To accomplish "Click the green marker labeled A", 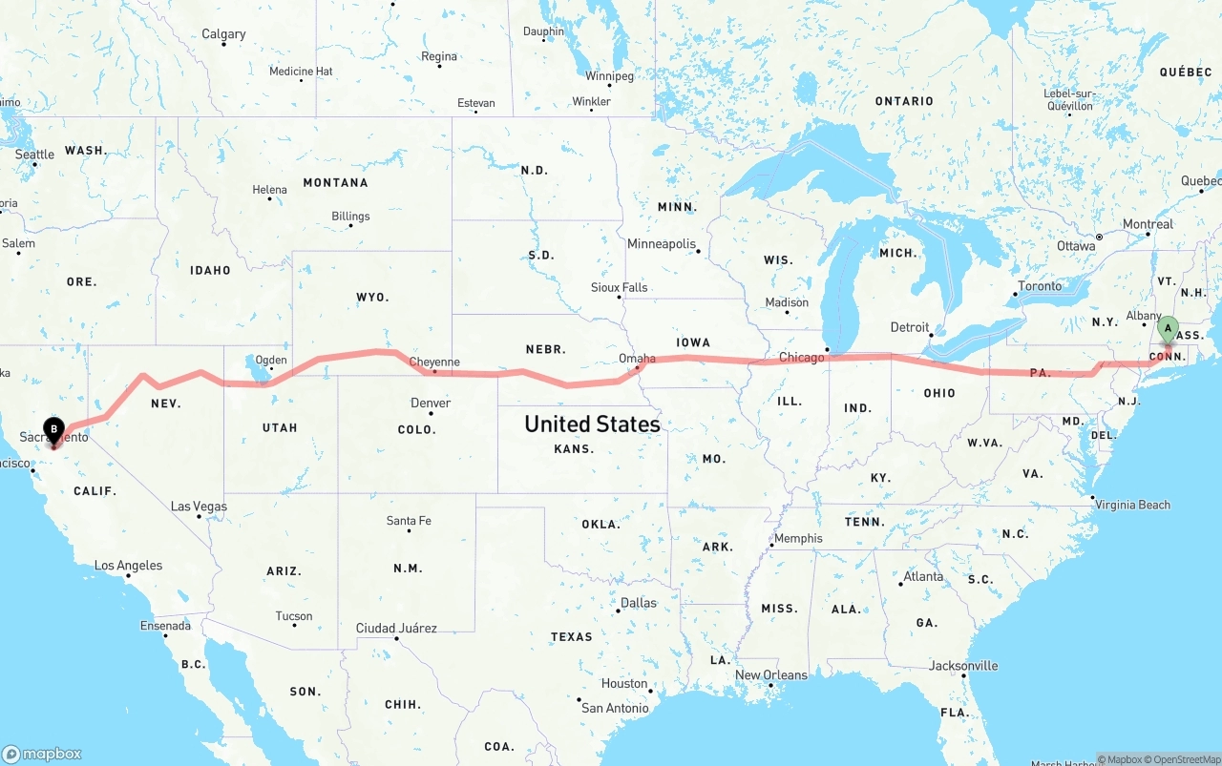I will point(1167,330).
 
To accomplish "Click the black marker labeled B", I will point(53,431).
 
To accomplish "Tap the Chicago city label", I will point(801,358).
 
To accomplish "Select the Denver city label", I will point(431,404).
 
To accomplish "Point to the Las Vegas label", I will point(199,507).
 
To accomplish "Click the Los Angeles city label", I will point(129,566).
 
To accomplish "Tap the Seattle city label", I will point(35,155).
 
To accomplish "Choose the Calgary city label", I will point(223,34).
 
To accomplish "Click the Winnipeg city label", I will point(609,76).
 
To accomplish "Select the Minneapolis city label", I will point(662,244).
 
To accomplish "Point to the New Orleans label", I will point(770,675).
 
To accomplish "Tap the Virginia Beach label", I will point(1132,505).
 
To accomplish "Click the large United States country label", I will point(592,424).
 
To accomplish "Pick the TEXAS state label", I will point(571,637).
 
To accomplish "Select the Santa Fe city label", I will point(409,521).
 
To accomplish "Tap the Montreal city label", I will point(1148,225).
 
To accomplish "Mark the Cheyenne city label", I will point(434,362).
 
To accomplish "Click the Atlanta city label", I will point(923,576).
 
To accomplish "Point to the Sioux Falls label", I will point(619,287).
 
